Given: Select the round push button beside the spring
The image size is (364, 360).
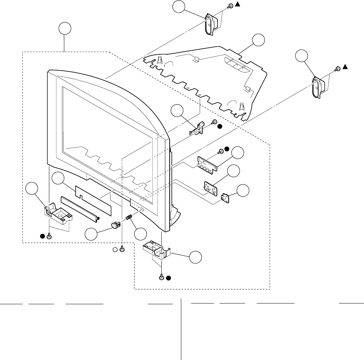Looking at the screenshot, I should [x=115, y=225].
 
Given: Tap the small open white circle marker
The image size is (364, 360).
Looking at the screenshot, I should [x=116, y=249].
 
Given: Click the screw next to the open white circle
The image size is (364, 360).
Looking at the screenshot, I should [x=122, y=249].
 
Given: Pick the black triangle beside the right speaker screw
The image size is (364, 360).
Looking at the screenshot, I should [x=345, y=67].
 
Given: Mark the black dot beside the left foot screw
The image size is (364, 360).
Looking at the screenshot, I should [x=42, y=236].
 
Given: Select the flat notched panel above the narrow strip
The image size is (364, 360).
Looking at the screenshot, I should [x=93, y=198].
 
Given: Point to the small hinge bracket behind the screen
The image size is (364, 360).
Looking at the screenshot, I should [x=197, y=128].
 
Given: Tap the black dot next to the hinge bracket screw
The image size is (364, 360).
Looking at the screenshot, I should [x=220, y=126].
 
